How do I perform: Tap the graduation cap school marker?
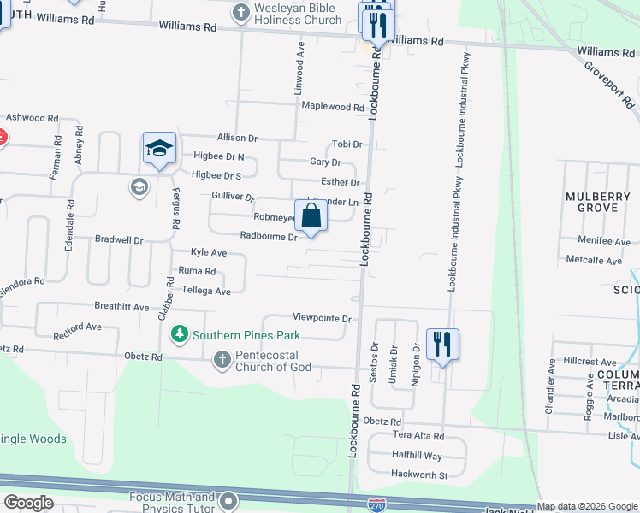tap(159, 149)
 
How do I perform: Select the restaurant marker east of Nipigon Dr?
tap(441, 345)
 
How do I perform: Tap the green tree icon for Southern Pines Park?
tap(179, 333)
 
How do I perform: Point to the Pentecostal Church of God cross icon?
tap(222, 359)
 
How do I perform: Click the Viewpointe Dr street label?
tap(322, 319)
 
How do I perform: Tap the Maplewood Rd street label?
tap(334, 107)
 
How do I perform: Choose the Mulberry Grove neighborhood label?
tap(596, 202)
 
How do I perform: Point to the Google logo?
tap(28, 503)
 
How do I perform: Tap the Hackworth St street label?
tap(418, 475)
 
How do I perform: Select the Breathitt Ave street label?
tap(121, 306)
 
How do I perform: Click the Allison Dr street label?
tap(237, 138)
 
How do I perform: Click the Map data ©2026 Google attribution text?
tap(587, 506)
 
